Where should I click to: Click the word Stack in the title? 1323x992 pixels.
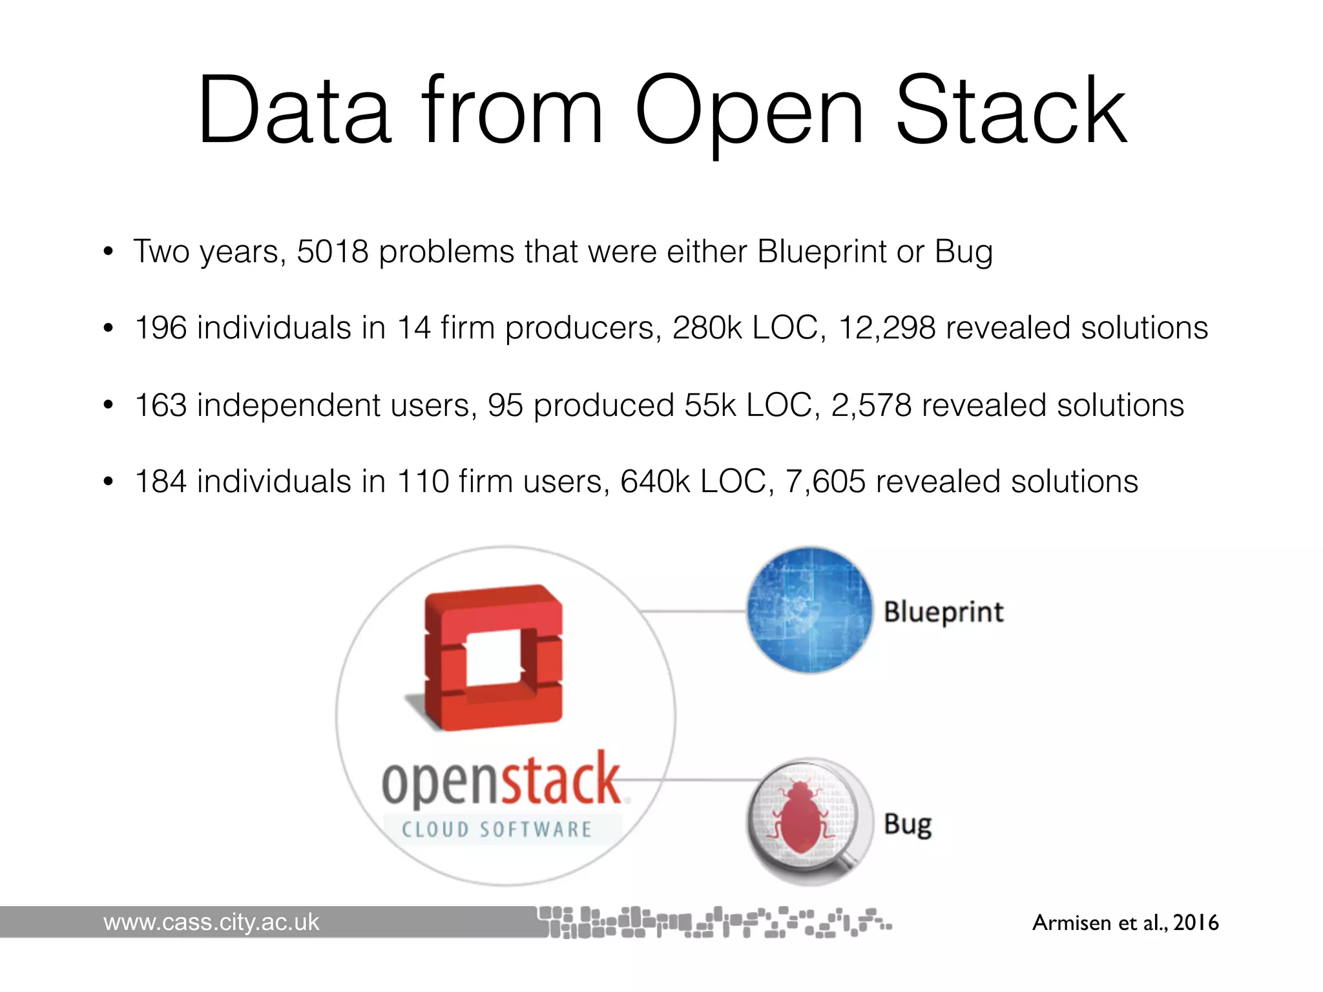[1011, 111]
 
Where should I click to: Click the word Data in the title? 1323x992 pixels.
[295, 111]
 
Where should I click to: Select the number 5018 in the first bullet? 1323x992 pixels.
[332, 252]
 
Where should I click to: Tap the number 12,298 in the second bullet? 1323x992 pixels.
[886, 328]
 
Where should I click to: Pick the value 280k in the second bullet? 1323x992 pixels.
[707, 328]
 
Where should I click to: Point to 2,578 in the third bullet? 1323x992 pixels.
[871, 406]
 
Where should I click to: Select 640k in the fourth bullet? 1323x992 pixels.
[654, 482]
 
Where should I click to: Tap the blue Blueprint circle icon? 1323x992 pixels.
[809, 610]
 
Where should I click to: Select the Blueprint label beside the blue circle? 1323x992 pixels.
[943, 612]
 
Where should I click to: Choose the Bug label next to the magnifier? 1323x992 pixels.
[908, 825]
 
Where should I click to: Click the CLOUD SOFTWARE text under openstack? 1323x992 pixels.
[496, 829]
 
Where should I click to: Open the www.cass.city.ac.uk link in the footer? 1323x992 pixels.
[211, 922]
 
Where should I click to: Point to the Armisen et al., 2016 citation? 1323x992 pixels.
[1125, 922]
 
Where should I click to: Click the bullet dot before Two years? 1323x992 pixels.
[109, 252]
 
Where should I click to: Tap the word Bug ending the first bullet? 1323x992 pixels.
[963, 252]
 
